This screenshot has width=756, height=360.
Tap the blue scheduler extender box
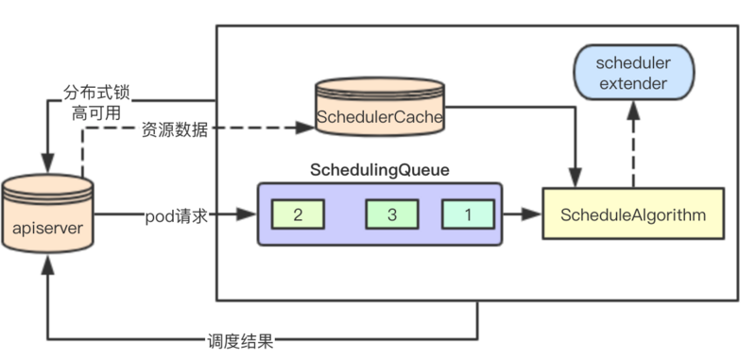633,73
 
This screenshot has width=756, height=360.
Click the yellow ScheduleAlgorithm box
632,214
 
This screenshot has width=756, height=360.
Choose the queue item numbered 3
391,214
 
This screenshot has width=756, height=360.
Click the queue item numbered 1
467,214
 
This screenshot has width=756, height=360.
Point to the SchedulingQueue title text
379,170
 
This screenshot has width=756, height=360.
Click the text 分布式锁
96,94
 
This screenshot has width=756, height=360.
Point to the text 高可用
96,115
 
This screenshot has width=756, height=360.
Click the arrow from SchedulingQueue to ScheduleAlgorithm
521,214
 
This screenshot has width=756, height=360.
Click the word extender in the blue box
633,84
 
